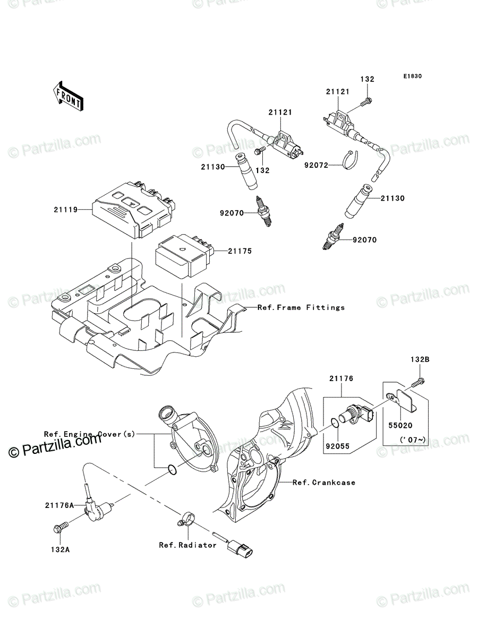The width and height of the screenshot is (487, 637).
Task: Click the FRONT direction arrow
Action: point(68,96)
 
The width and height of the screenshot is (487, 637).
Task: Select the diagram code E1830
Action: point(412,76)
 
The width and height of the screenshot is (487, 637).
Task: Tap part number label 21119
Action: point(66,209)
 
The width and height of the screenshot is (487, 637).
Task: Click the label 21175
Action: point(240,251)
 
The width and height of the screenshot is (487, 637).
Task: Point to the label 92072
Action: point(316,165)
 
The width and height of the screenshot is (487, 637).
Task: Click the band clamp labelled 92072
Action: point(351,160)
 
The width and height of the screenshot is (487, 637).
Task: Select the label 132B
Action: point(420,359)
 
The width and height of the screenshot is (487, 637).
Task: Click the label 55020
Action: point(400,425)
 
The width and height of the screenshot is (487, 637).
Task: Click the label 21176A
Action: point(59,505)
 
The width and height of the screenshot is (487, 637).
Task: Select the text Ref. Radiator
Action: point(187,545)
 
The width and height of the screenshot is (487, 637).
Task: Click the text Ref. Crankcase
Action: point(324,483)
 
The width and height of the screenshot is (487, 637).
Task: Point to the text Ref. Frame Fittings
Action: point(301,307)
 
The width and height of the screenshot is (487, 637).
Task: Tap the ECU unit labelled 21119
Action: point(134,210)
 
